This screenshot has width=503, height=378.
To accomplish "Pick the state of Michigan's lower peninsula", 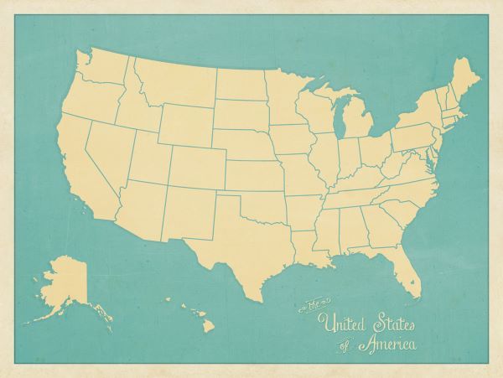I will (355, 126).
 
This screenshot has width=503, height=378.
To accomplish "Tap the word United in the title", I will (343, 321).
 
